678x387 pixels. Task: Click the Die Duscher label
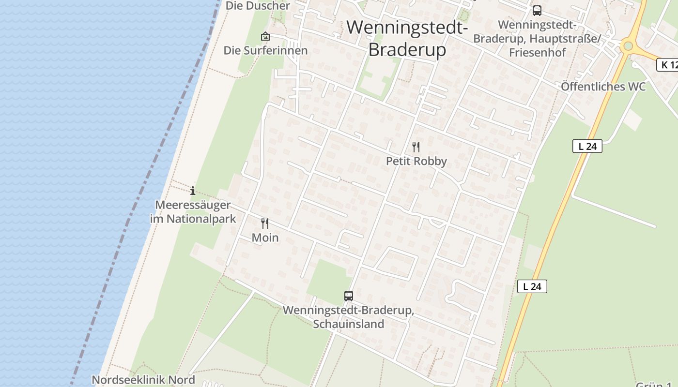pos(258,6)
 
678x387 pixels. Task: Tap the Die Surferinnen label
pos(265,50)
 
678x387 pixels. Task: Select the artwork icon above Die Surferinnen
pos(265,36)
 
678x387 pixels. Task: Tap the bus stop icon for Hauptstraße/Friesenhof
pos(537,11)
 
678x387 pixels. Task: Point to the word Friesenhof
pos(537,52)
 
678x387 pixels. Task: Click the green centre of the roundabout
pos(628,46)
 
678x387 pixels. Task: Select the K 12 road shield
pos(668,65)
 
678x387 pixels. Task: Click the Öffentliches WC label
pos(603,87)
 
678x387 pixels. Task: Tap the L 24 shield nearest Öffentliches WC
pos(587,146)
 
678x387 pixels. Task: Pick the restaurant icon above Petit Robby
pos(416,147)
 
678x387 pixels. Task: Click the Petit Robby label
pos(416,161)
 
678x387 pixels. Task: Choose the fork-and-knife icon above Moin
pos(265,223)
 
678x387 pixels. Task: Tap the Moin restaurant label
pos(265,238)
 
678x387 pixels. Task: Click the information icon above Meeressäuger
pos(193,191)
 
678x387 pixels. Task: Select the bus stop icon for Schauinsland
pos(348,296)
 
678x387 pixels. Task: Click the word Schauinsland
pos(348,324)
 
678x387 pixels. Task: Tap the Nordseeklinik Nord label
pos(143,380)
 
